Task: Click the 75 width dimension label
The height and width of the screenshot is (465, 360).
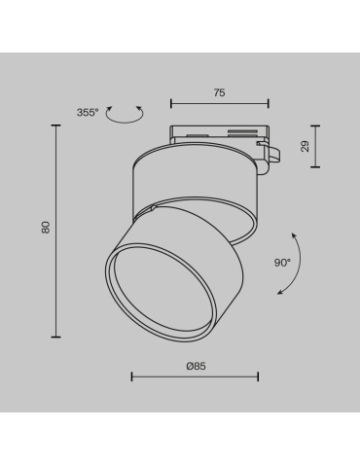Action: tap(219, 92)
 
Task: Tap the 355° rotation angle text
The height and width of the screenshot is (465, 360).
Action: tap(88, 113)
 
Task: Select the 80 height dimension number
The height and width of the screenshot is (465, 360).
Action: tap(45, 227)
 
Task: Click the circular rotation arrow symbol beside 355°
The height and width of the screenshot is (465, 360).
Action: tap(125, 115)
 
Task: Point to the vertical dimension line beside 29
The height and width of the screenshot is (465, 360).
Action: tap(315, 146)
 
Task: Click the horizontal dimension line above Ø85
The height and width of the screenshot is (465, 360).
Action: tap(195, 377)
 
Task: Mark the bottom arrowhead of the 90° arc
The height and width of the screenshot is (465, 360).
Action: tap(279, 293)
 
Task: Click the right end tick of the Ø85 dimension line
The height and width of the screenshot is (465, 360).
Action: tap(258, 377)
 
